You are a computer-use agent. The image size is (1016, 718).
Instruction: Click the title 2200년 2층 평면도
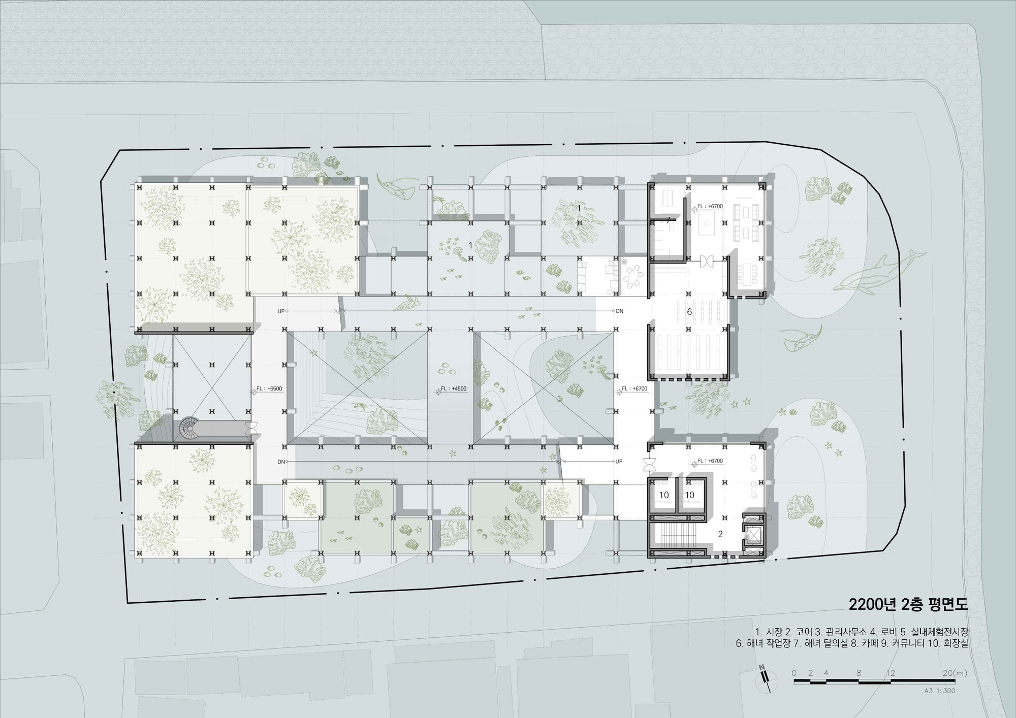(x=909, y=604)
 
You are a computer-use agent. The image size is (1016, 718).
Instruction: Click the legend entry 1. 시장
(x=769, y=632)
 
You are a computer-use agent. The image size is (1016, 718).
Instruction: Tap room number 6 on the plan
(x=689, y=312)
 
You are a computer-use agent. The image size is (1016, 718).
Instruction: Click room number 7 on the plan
(x=669, y=220)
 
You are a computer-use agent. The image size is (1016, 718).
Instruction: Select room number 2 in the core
(x=720, y=534)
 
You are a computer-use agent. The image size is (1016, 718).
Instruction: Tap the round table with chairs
(x=632, y=276)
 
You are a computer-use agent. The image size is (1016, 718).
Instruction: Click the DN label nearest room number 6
(x=619, y=311)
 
